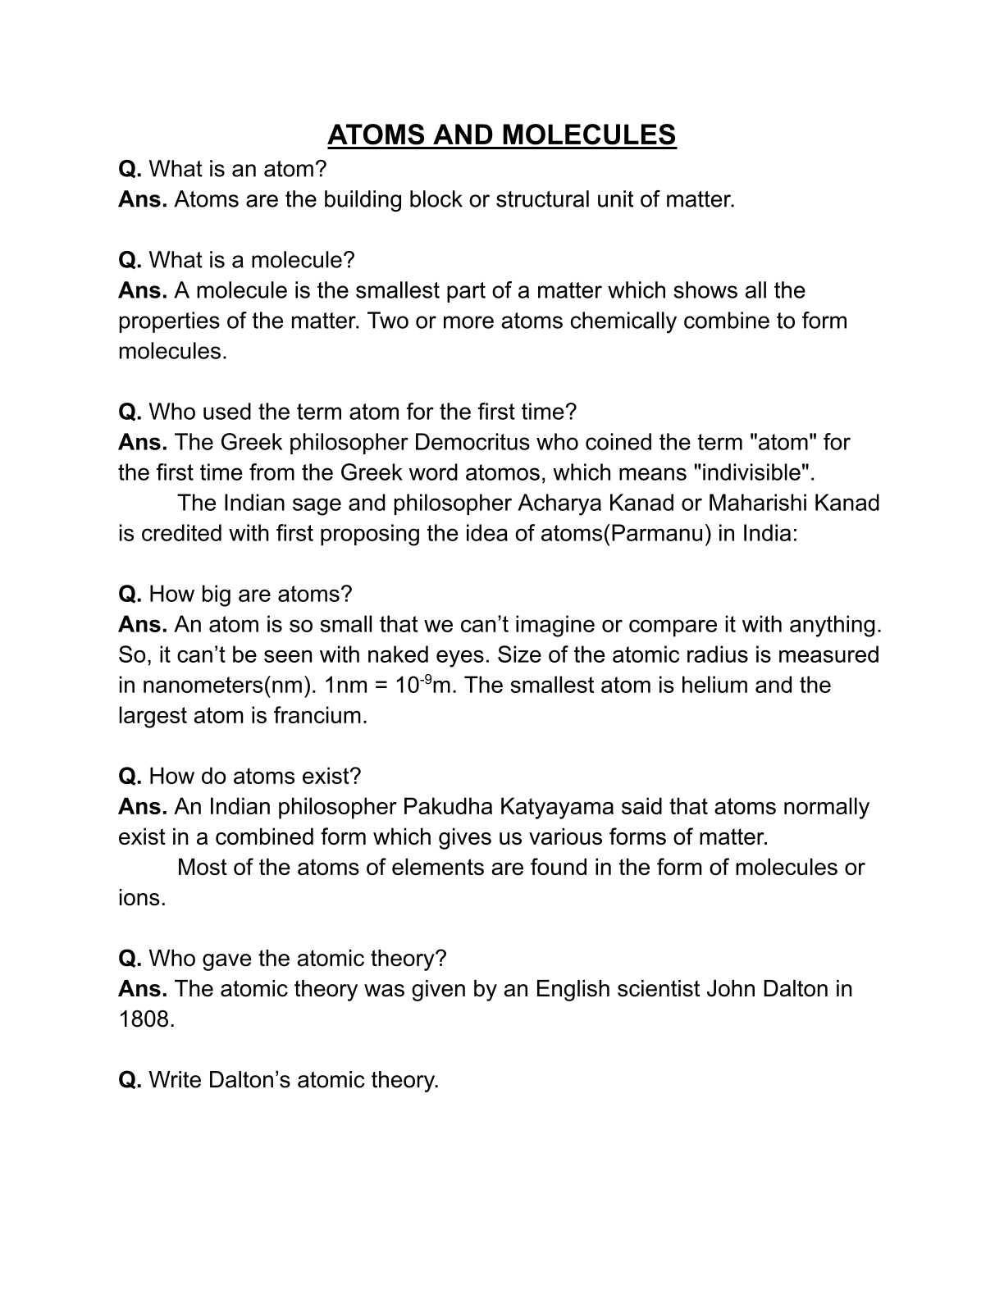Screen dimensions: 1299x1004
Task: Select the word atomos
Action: coord(503,472)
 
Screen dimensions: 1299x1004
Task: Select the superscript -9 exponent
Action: coord(426,678)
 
